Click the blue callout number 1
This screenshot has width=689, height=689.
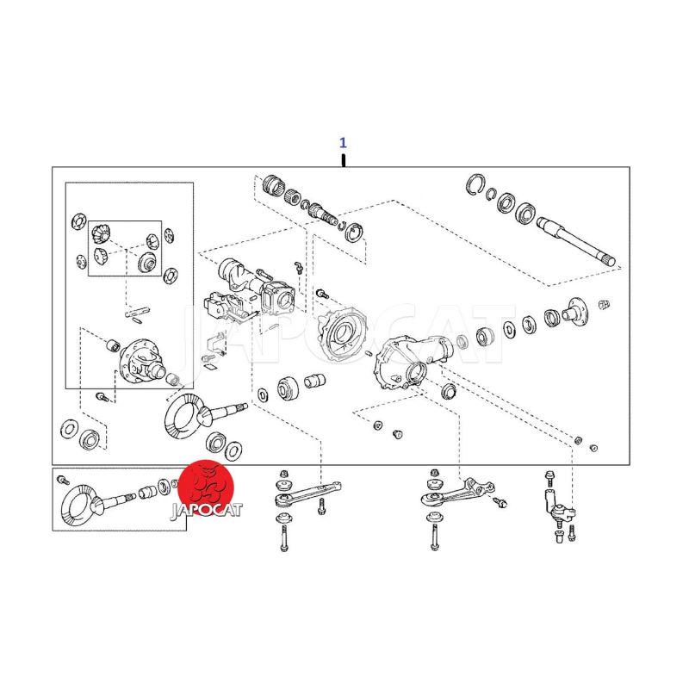(343, 143)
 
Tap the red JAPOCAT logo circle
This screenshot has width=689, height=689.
(207, 487)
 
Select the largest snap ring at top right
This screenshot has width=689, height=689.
(475, 184)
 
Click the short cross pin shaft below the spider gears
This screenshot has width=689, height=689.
(138, 312)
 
